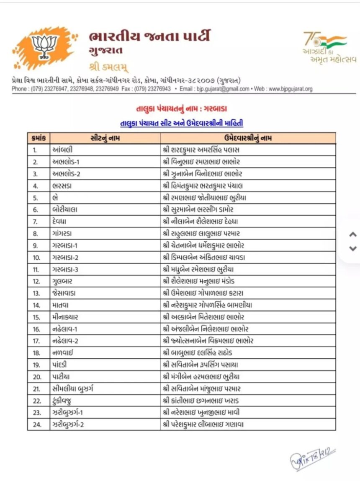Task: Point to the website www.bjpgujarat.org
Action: (x=291, y=89)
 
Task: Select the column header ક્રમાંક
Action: (x=39, y=138)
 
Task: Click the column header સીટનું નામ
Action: (x=105, y=138)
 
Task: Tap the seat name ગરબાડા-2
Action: (x=66, y=257)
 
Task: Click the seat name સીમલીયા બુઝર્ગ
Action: (x=73, y=389)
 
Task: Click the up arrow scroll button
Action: (x=353, y=235)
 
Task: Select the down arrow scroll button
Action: (x=353, y=248)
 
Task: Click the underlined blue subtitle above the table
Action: (x=181, y=123)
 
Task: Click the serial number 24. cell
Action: (x=37, y=425)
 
